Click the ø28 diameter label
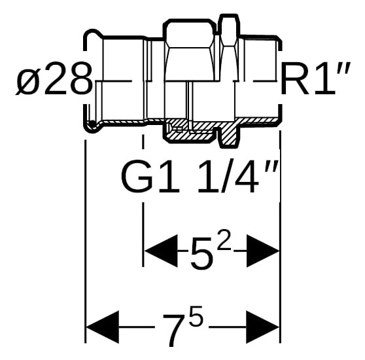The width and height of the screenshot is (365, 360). [54, 79]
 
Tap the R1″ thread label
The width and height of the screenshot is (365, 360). [315, 79]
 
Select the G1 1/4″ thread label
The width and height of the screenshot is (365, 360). [200, 175]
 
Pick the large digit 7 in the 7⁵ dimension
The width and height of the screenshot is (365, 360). [175, 329]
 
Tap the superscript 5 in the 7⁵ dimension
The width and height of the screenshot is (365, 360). [196, 315]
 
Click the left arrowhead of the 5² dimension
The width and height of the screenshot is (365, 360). [161, 251]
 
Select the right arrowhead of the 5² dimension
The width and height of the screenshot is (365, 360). [262, 251]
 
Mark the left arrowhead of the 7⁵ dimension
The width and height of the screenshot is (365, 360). [103, 327]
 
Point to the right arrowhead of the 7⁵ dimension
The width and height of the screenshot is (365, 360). [262, 327]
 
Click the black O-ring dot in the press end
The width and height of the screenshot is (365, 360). [93, 123]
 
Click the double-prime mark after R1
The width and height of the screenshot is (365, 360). [343, 67]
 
